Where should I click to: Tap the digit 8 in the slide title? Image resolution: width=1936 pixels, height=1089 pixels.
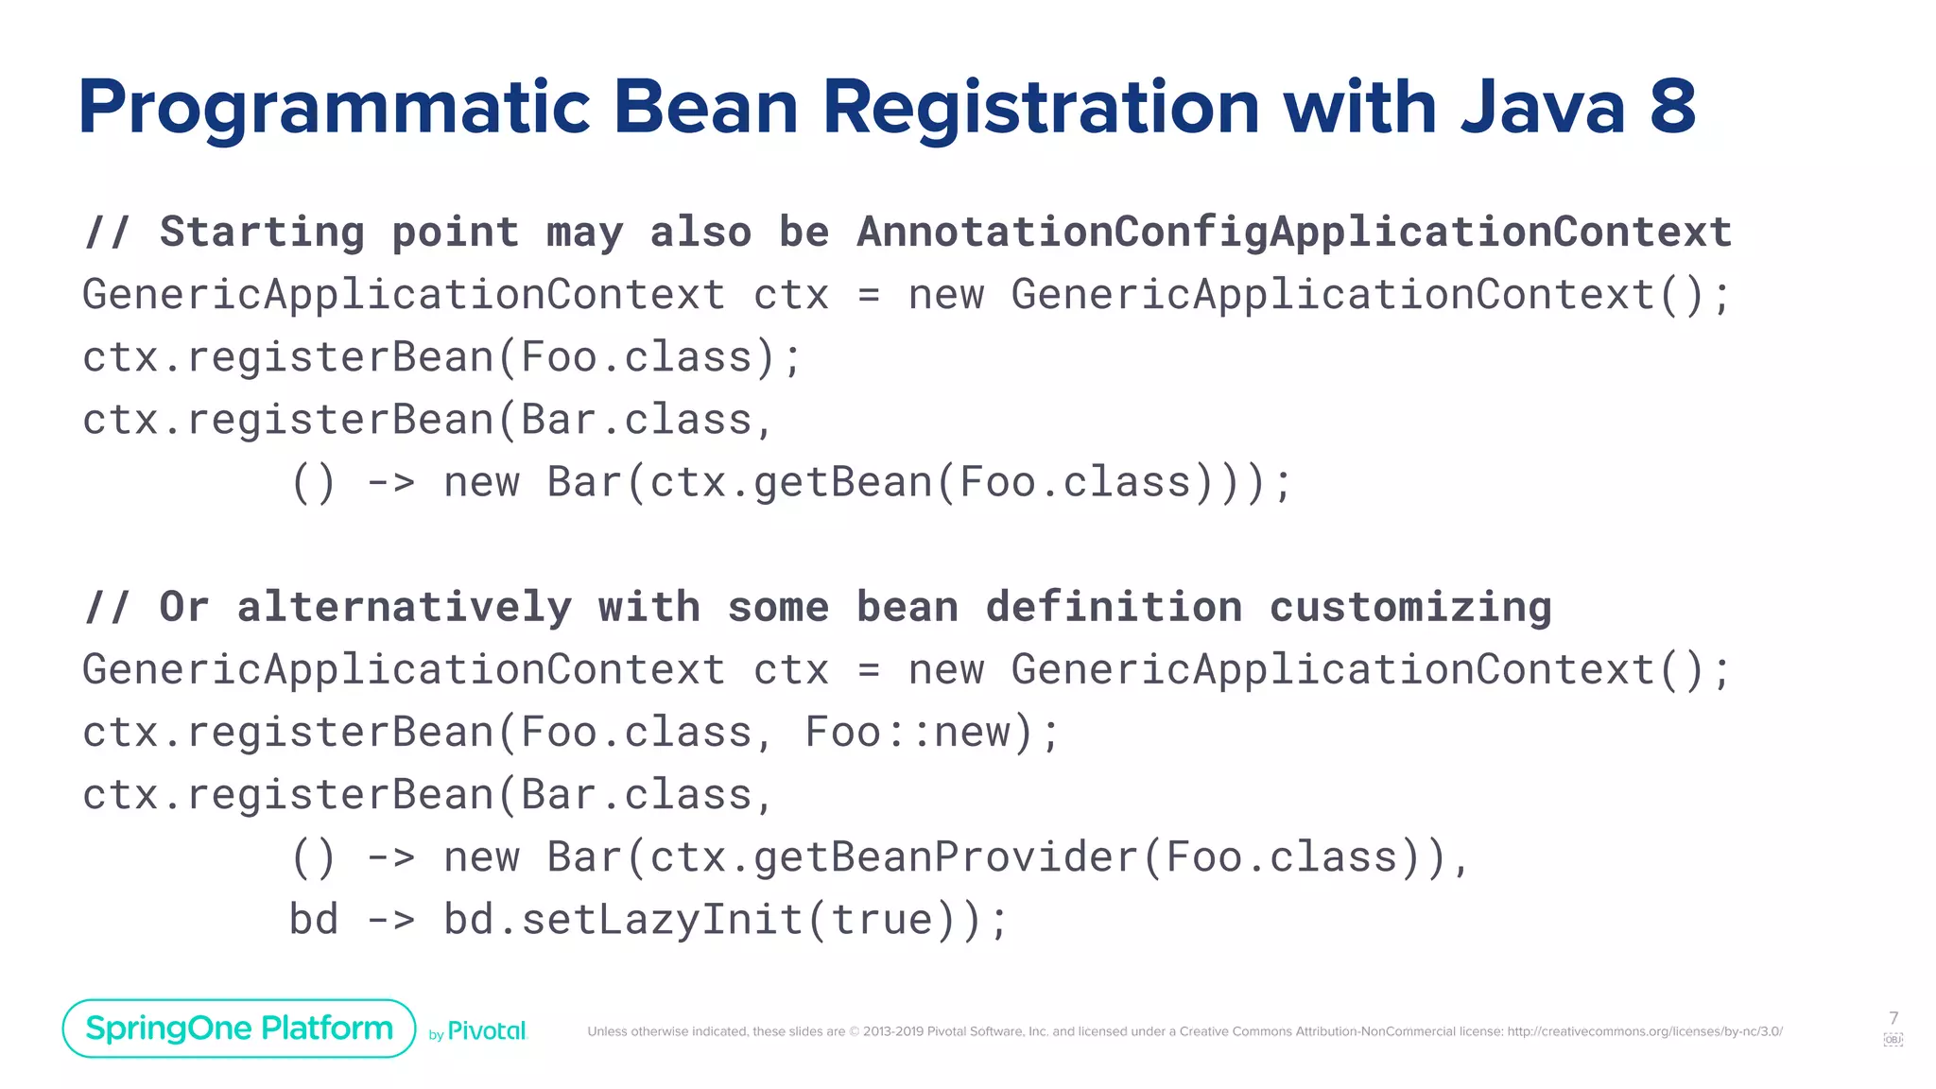pyautogui.click(x=1672, y=107)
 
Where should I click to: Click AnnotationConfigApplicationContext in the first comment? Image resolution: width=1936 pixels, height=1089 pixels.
pyautogui.click(x=1294, y=233)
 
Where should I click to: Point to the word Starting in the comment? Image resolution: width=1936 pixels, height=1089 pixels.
pyautogui.click(x=262, y=233)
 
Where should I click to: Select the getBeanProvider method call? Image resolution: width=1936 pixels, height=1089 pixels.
pyautogui.click(x=945, y=857)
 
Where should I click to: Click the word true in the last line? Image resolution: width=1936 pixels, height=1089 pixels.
pyautogui.click(x=882, y=920)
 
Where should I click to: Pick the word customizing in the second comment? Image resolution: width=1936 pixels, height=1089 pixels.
pyautogui.click(x=1409, y=607)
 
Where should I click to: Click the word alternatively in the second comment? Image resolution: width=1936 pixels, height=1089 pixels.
pyautogui.click(x=404, y=607)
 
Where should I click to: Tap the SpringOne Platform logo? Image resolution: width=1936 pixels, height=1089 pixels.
pyautogui.click(x=239, y=1028)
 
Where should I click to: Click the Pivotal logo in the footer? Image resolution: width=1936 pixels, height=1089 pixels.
pyautogui.click(x=486, y=1031)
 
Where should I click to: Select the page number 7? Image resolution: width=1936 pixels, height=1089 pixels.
pyautogui.click(x=1893, y=1018)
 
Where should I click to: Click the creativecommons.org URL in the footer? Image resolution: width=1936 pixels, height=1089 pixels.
pyautogui.click(x=1644, y=1031)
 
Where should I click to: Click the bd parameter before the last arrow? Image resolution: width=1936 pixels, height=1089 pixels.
pyautogui.click(x=314, y=920)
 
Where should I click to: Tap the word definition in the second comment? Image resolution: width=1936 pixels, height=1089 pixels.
pyautogui.click(x=1114, y=607)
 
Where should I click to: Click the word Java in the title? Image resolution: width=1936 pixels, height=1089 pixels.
pyautogui.click(x=1543, y=107)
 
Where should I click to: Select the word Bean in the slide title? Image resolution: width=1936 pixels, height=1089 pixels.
pyautogui.click(x=706, y=107)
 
